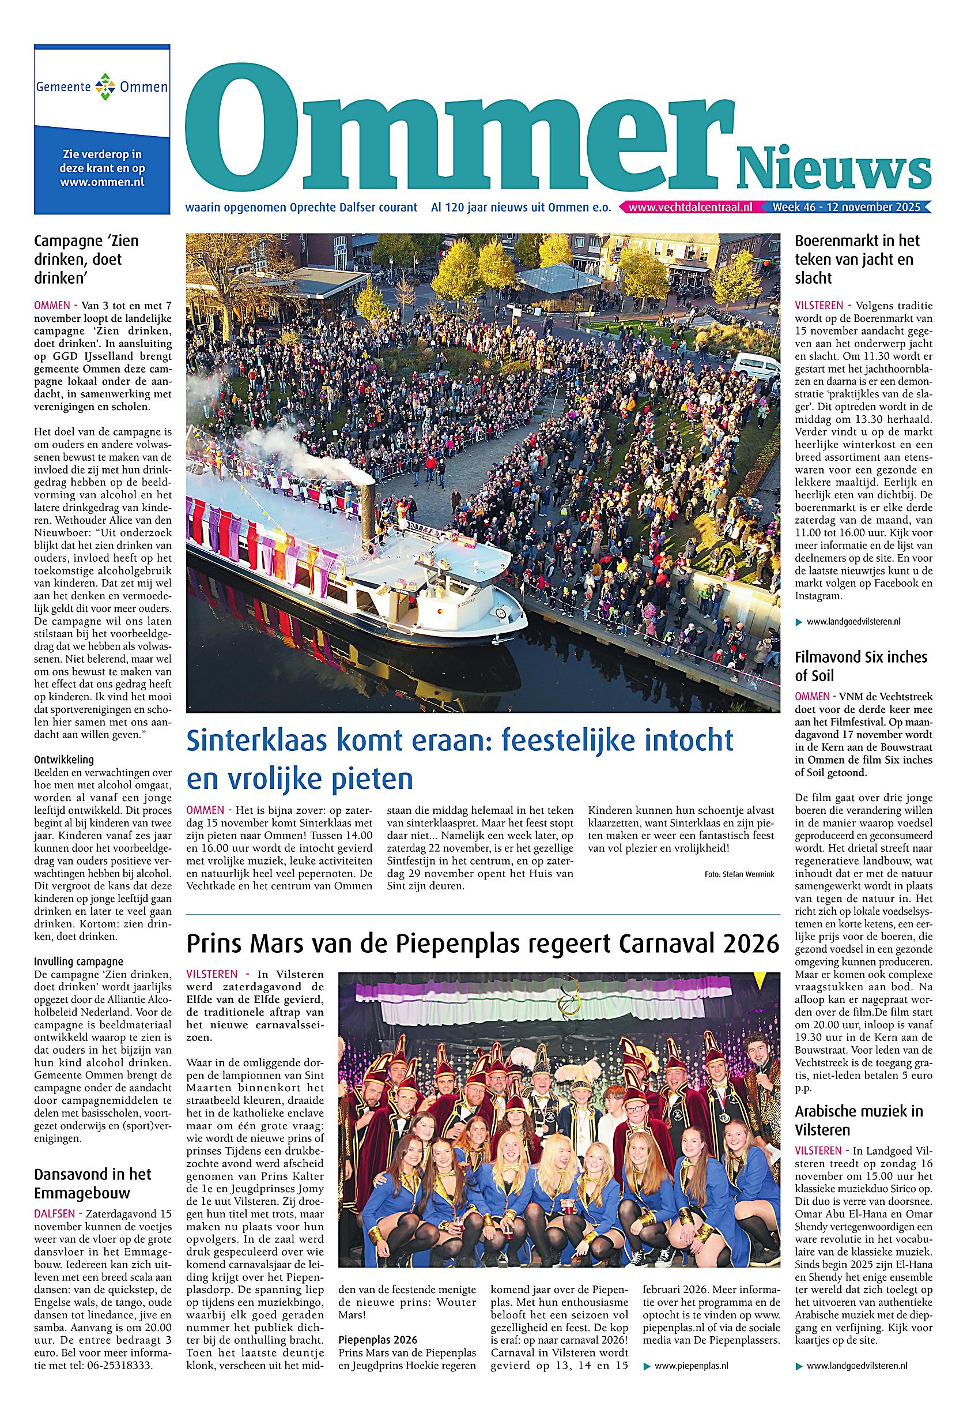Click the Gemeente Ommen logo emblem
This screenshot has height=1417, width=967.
pos(102,87)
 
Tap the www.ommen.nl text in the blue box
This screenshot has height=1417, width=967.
pos(102,181)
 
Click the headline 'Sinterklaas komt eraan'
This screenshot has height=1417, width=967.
pos(459,759)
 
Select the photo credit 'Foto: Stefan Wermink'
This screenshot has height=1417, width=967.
pos(738,874)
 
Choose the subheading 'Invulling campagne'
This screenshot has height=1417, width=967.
pos(78,962)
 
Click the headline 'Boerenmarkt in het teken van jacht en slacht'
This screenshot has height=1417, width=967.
pos(857,259)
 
